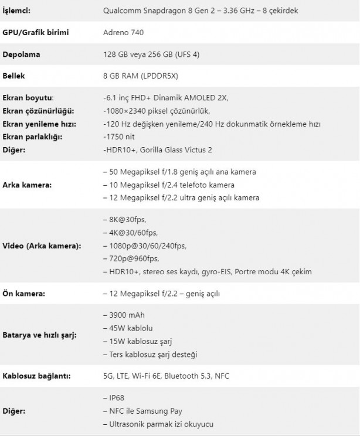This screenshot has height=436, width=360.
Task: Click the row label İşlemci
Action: point(19,11)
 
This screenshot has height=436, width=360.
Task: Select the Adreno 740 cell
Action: point(123,32)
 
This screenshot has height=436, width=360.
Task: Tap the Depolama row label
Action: point(22,54)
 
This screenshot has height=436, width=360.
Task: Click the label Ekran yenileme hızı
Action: point(39,124)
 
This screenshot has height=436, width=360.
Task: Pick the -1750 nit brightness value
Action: point(120,137)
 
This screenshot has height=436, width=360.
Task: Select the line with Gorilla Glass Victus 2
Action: point(157,149)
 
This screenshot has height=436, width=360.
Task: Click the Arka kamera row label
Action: point(27,185)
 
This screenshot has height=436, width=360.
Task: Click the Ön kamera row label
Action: point(24,293)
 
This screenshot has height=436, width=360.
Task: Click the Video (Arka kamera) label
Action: point(42,245)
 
